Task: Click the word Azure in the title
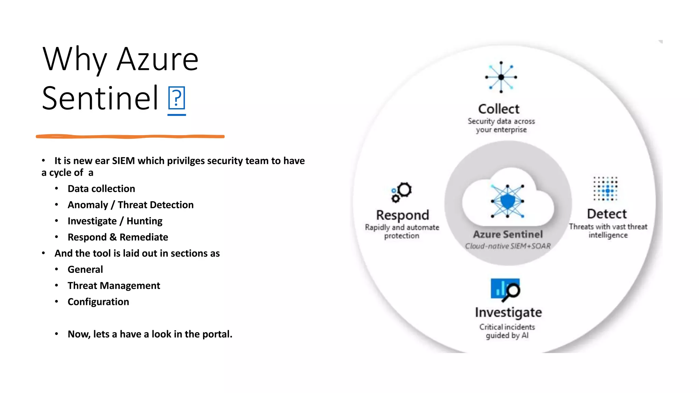pos(157,60)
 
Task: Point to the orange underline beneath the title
pos(130,136)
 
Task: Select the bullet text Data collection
pos(101,189)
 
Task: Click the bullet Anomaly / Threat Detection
pos(130,205)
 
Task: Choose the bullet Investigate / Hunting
pos(115,221)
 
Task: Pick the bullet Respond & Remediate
pos(118,237)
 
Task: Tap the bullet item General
pos(85,270)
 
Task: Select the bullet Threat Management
pos(114,286)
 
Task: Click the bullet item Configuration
pos(98,302)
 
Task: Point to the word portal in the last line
pos(216,334)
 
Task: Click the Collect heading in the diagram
pos(499,109)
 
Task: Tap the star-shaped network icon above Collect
pos(501,77)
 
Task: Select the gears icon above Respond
pos(402,192)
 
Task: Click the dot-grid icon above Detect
pos(605,189)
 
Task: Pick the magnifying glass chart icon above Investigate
pos(505,290)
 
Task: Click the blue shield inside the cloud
pos(508,201)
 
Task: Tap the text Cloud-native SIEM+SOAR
pos(508,246)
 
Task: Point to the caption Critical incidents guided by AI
pos(507,331)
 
